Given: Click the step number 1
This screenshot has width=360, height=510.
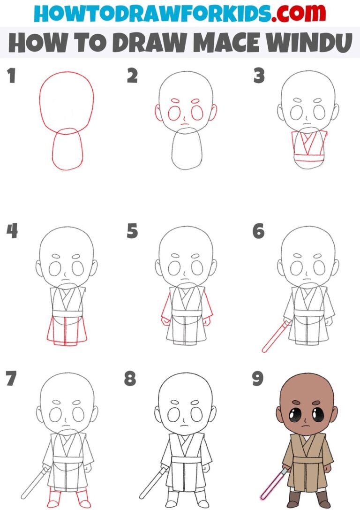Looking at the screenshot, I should [11, 76].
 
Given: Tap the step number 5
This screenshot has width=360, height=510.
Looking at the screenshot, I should [132, 231].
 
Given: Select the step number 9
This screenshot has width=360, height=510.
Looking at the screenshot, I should [257, 379].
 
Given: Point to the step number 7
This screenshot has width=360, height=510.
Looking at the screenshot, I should [11, 379].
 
